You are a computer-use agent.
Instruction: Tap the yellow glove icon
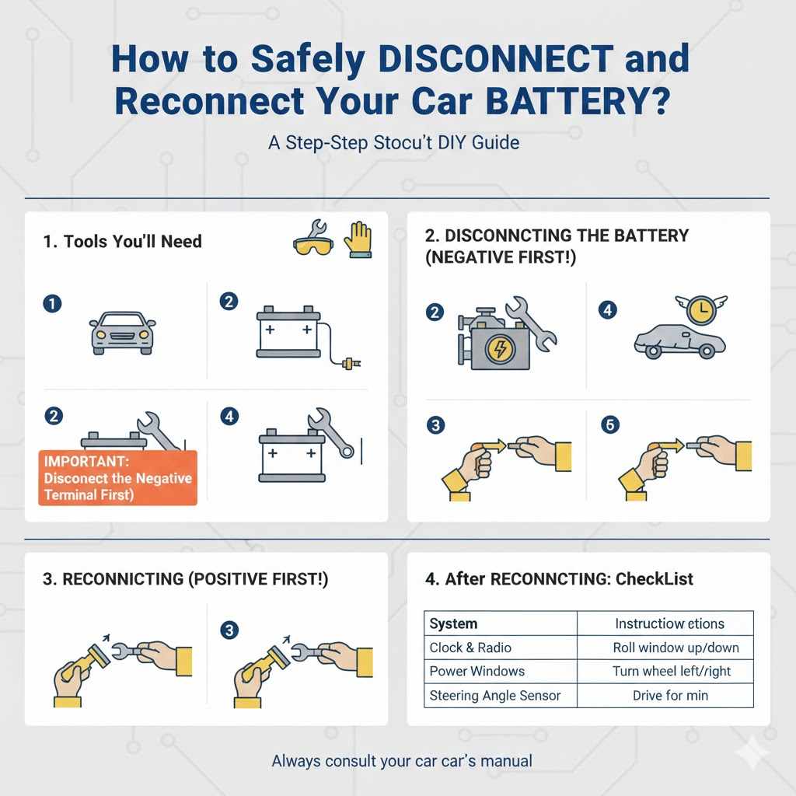(x=358, y=239)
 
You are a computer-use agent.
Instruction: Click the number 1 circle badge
(x=52, y=304)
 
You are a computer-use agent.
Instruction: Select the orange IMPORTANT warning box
(x=117, y=477)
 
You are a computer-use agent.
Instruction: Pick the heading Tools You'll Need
(x=122, y=242)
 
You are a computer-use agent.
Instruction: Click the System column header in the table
(x=453, y=623)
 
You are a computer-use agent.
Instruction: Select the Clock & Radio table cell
(x=470, y=648)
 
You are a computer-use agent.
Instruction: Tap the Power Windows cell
(x=477, y=671)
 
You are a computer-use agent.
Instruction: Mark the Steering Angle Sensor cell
(x=494, y=695)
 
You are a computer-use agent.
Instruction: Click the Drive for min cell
(x=669, y=695)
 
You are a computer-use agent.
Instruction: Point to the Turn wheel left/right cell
(x=672, y=671)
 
